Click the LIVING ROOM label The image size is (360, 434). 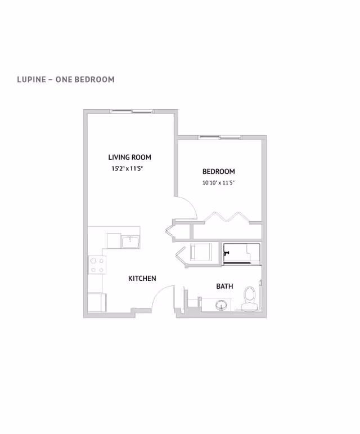pyautogui.click(x=129, y=158)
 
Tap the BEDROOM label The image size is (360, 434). pyautogui.click(x=219, y=172)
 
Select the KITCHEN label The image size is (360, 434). pyautogui.click(x=142, y=279)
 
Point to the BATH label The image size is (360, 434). pyautogui.click(x=224, y=287)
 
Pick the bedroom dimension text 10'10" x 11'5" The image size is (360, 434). pyautogui.click(x=219, y=182)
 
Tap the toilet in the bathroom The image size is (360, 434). pyautogui.click(x=250, y=297)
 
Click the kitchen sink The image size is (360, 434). pyautogui.click(x=130, y=241)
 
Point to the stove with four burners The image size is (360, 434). pyautogui.click(x=97, y=265)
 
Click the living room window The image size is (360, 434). pyautogui.click(x=132, y=111)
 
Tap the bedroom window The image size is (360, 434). pyautogui.click(x=219, y=137)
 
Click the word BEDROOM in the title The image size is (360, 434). pyautogui.click(x=91, y=79)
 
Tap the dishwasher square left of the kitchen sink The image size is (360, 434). pyautogui.click(x=114, y=240)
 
